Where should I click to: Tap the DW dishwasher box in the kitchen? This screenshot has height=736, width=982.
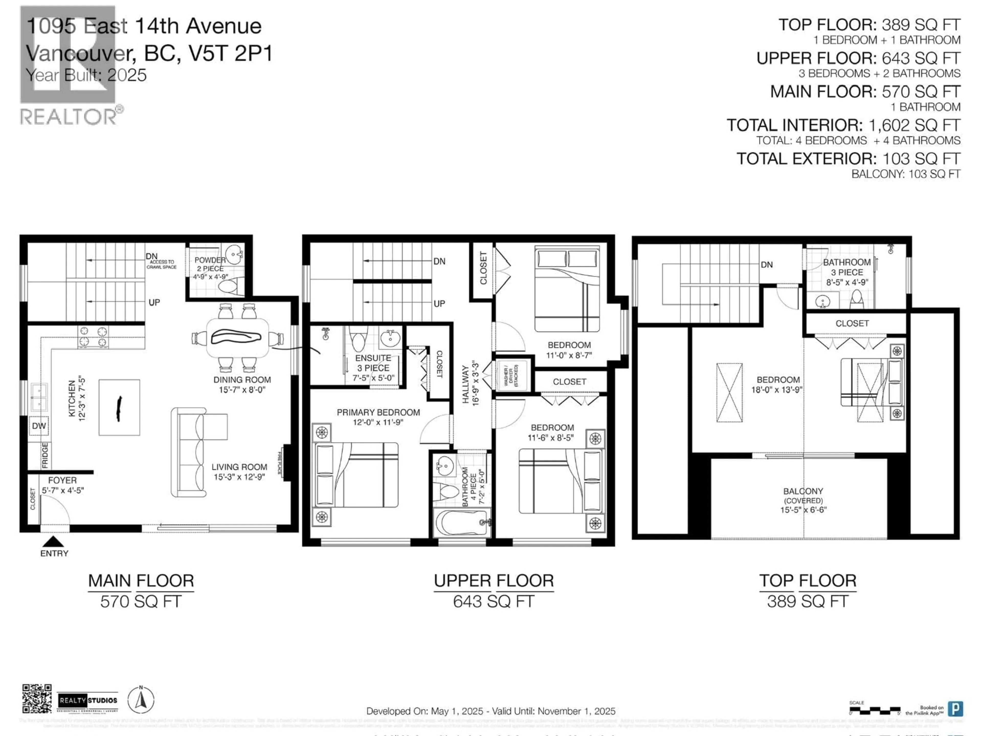coord(39,426)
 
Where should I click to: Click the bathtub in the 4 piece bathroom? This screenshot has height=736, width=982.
coord(462,523)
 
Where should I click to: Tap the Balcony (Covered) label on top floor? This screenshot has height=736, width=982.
coord(803,500)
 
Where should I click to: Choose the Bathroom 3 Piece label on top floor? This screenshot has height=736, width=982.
coord(847,272)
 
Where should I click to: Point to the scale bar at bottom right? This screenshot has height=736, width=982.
coord(875,710)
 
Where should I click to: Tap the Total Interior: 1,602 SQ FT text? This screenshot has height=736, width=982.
coord(843,125)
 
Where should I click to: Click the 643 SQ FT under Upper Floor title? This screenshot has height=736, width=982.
coord(493,602)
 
